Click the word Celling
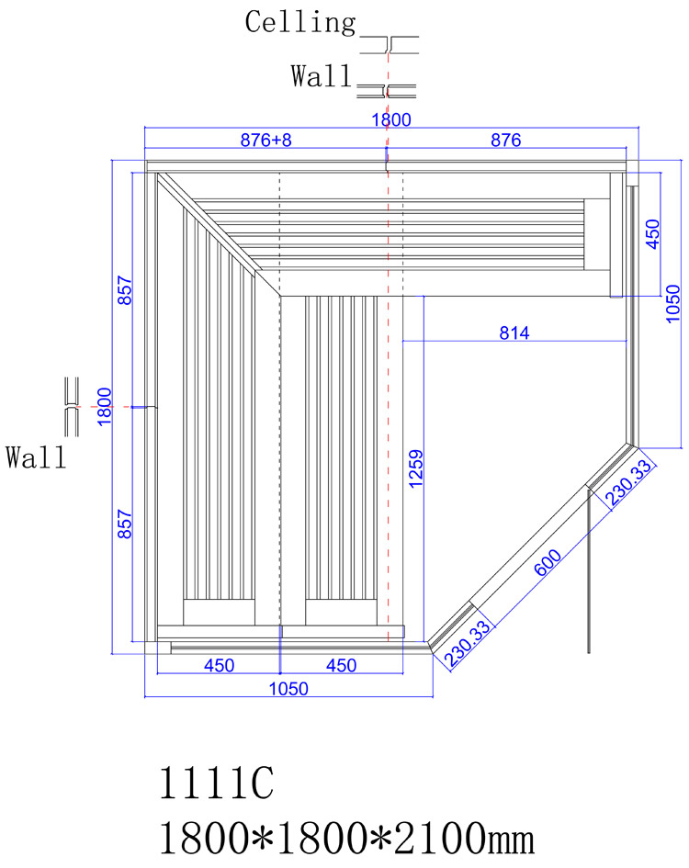300,23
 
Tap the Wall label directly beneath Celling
322,76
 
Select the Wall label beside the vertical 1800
36,457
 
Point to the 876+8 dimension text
265,140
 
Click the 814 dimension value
514,333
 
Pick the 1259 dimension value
415,468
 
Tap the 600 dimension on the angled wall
548,562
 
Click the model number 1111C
217,783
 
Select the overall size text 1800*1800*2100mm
346,838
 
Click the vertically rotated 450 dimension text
653,234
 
